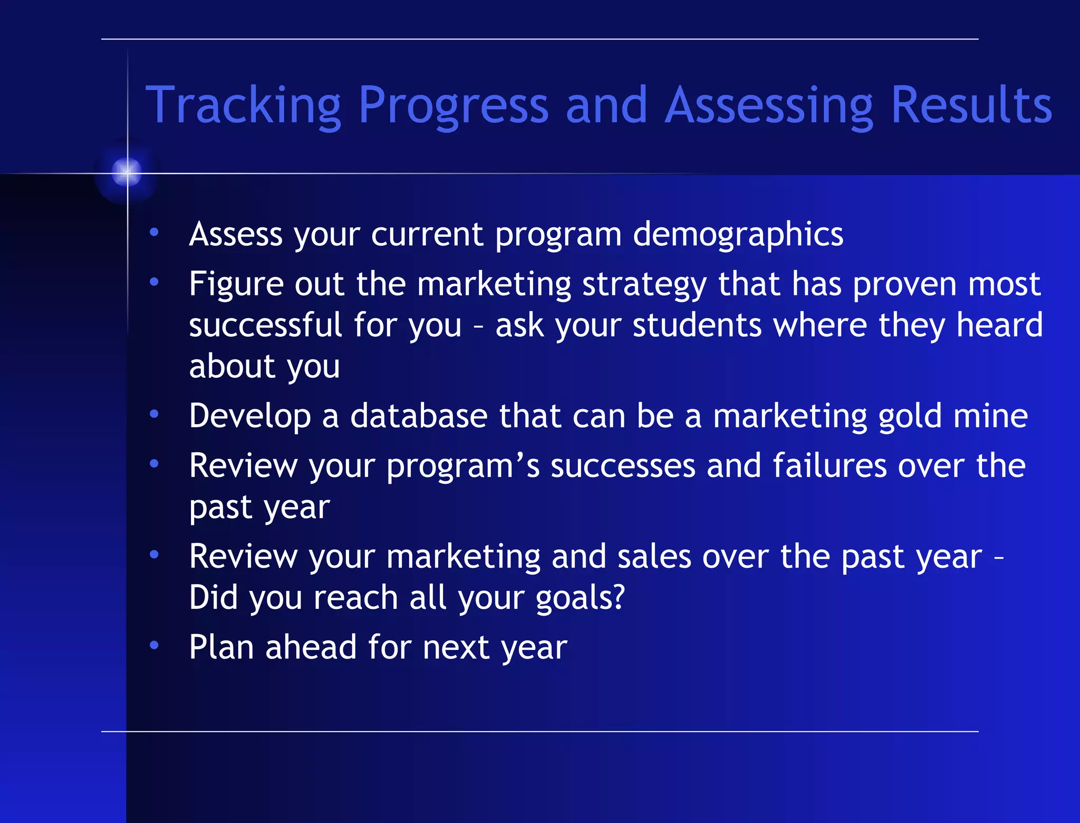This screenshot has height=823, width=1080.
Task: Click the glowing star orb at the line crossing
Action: pyautogui.click(x=127, y=172)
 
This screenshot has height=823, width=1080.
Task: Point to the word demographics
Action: pyautogui.click(x=738, y=234)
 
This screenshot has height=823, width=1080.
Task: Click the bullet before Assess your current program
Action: pyautogui.click(x=154, y=232)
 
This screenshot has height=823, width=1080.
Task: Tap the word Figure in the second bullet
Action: pyautogui.click(x=237, y=285)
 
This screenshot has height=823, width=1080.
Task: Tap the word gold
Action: pyautogui.click(x=910, y=417)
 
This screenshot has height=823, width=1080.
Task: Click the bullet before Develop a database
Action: pyautogui.click(x=154, y=415)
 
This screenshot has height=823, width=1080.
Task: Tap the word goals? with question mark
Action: pyautogui.click(x=580, y=598)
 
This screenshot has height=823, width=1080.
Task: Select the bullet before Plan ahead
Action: pyautogui.click(x=154, y=645)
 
